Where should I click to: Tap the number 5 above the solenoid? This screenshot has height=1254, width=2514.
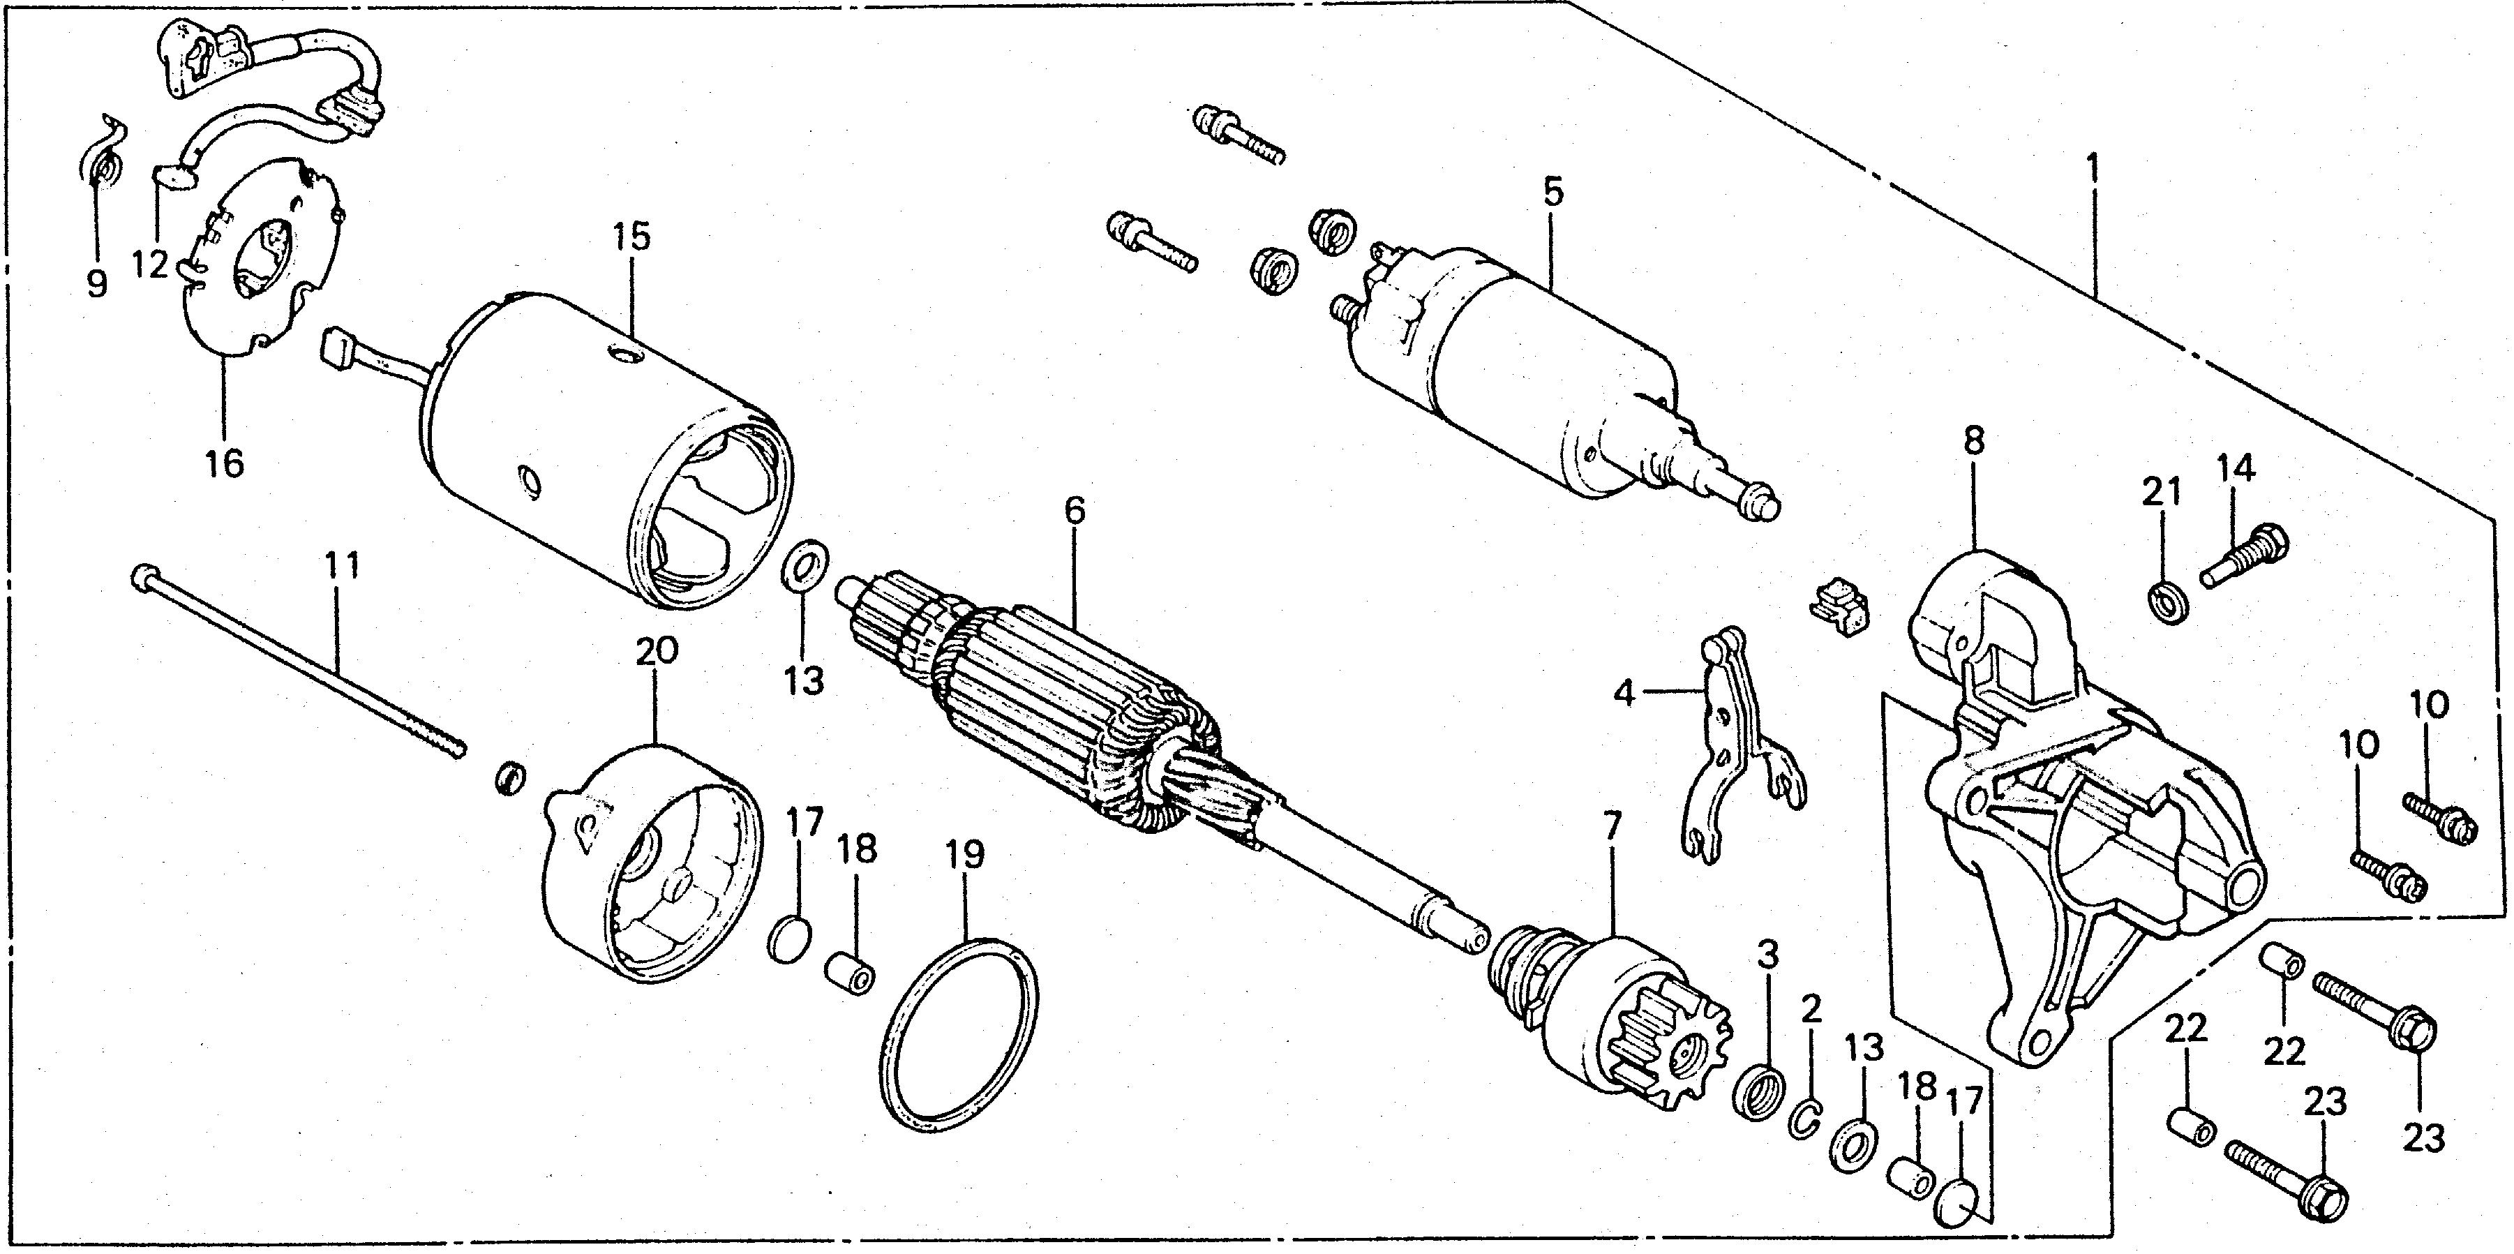1552,191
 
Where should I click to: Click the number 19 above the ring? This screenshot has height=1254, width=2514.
964,855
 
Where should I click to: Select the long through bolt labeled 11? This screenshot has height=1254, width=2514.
293,664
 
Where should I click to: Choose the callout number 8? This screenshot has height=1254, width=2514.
1973,441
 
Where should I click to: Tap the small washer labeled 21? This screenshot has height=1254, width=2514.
2169,605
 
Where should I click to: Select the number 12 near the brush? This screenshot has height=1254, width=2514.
151,264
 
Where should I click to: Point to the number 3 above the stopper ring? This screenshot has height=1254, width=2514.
1767,963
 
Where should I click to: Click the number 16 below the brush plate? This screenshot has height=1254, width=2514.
225,463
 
